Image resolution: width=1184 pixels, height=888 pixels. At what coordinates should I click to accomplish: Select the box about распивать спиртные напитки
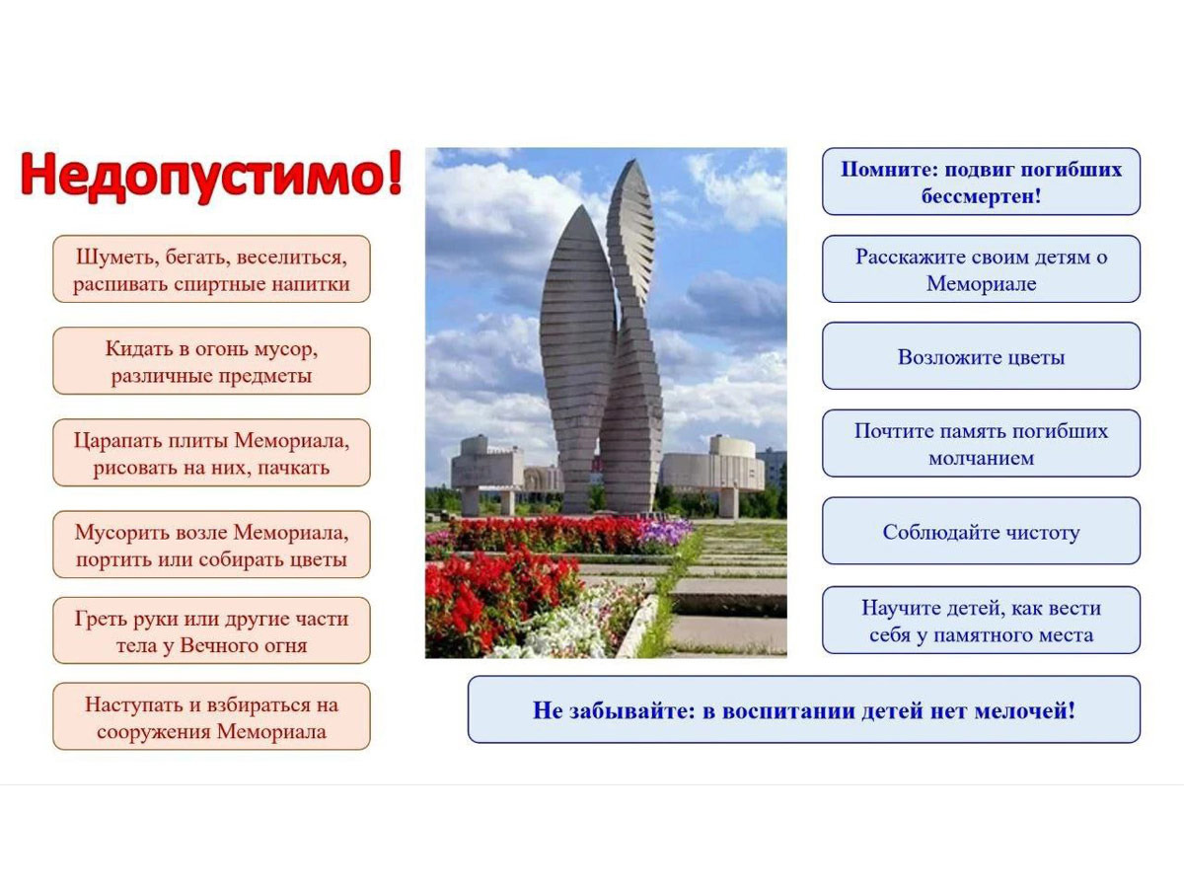coord(211,269)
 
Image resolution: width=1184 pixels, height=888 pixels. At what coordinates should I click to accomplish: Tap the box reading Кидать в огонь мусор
coord(211,361)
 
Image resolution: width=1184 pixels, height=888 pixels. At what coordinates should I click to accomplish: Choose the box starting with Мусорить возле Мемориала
coord(211,545)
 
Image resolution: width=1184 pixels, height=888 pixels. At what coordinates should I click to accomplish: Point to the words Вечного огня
coord(244,645)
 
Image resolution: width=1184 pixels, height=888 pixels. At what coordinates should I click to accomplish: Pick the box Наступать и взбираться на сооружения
coord(211,716)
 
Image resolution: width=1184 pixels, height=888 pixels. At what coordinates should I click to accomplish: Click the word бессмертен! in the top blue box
coord(981,195)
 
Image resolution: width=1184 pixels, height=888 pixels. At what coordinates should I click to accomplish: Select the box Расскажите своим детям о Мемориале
coord(981,269)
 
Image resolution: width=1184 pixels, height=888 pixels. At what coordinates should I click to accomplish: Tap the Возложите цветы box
coord(981,356)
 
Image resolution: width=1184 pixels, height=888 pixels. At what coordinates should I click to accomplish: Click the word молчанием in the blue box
coord(981,458)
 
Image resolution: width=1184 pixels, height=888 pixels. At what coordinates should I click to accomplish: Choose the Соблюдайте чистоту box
coord(981,531)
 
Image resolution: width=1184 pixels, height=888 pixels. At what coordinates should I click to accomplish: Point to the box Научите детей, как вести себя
coord(981,621)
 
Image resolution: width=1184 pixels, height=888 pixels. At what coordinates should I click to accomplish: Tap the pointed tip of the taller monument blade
coord(634,160)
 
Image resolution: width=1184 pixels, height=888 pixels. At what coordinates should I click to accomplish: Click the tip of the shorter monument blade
coord(581,206)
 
